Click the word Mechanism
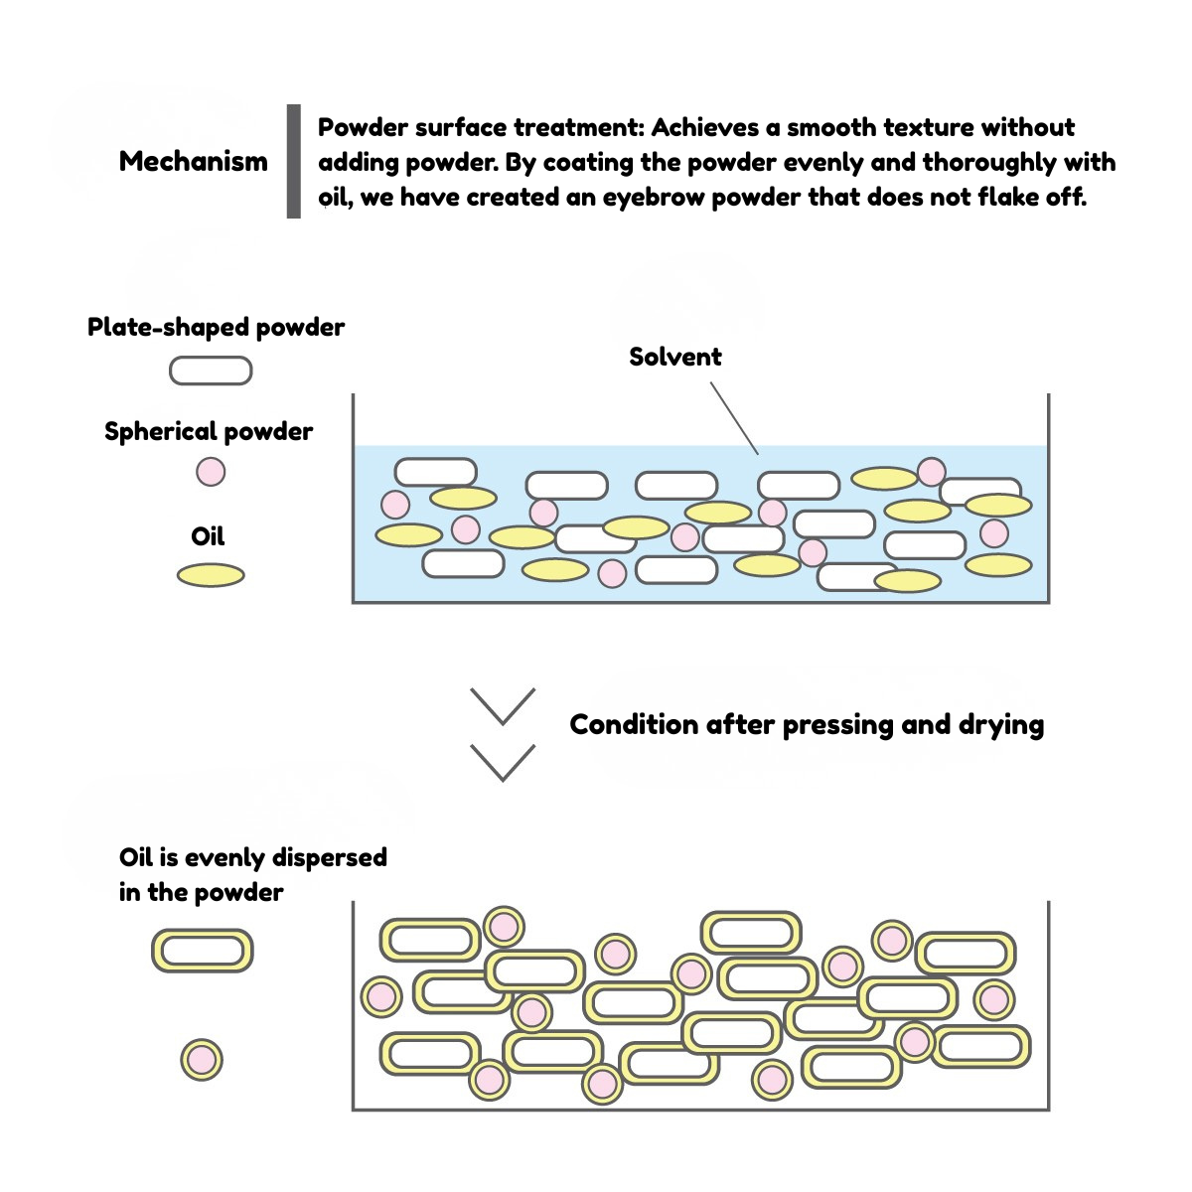coord(193,161)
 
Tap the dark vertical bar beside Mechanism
coord(293,161)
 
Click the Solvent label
coord(674,357)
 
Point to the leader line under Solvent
coord(735,419)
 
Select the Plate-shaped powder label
coord(216,327)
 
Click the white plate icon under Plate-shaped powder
coord(211,371)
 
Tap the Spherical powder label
coord(209,431)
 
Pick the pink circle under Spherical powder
coord(211,471)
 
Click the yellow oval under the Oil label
coord(211,575)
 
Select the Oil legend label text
coord(208,536)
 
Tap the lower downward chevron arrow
coord(503,762)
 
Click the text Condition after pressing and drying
coord(807,724)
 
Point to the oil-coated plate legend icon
coord(203,951)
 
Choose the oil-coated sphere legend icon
coord(202,1060)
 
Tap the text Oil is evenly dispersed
coord(252,857)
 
